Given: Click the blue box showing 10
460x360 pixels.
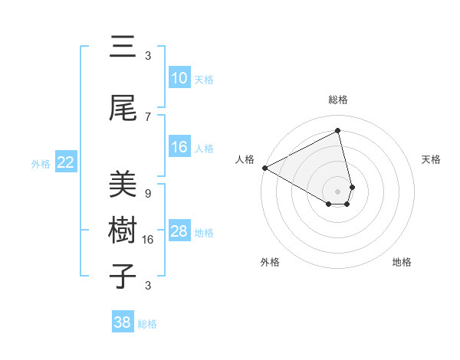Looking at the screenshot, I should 179,79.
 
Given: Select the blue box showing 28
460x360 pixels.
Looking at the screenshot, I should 179,232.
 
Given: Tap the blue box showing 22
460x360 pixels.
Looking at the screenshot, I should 66,162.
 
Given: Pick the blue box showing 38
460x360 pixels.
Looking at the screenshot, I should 123,322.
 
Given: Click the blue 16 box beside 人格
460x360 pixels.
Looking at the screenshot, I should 179,148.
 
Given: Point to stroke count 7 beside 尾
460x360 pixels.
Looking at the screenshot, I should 148,116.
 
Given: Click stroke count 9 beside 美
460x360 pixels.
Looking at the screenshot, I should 148,193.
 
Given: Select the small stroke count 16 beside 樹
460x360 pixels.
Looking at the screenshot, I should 149,240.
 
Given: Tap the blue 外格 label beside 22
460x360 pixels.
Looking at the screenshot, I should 41,163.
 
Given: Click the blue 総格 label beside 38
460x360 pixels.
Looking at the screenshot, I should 148,324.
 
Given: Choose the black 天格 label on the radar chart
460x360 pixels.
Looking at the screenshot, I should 431,159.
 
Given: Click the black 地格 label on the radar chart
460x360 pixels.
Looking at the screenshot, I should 402,262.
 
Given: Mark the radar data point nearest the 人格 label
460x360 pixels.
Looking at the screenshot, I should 264,167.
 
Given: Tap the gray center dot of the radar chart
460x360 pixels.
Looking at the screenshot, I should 338,190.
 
